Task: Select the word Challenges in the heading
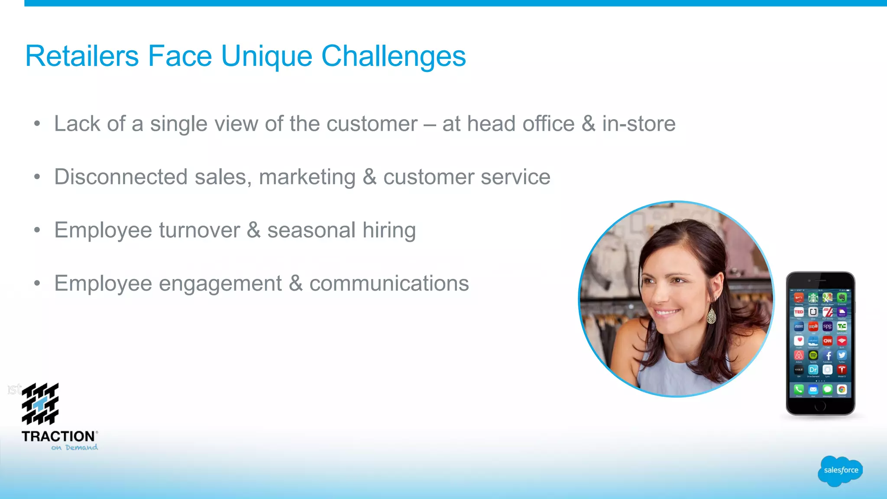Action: [393, 57]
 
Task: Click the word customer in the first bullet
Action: [372, 124]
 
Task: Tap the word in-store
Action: [638, 124]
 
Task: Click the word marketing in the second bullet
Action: [307, 178]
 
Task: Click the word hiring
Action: [389, 230]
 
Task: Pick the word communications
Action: [389, 284]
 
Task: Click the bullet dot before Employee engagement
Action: [37, 284]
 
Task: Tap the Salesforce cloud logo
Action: [840, 470]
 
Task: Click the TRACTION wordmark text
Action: [58, 436]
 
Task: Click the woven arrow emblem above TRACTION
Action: [40, 404]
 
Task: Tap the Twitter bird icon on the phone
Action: [842, 355]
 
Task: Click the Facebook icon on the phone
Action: [828, 355]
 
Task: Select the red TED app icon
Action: [799, 312]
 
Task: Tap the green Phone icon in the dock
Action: [799, 389]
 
